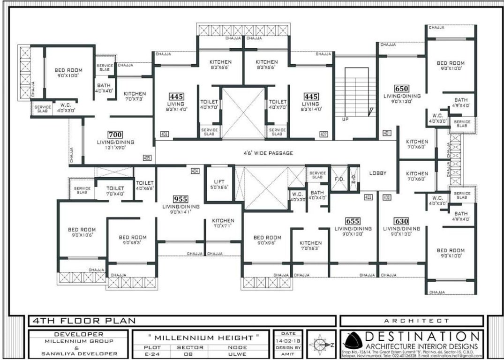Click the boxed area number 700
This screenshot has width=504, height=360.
pyautogui.click(x=115, y=135)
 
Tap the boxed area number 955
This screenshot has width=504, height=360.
pyautogui.click(x=180, y=199)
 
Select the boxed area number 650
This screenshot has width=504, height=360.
pyautogui.click(x=401, y=89)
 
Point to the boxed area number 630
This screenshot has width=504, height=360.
pyautogui.click(x=401, y=221)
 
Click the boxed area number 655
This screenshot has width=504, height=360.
pyautogui.click(x=353, y=221)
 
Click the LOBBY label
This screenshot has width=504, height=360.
pyautogui.click(x=378, y=173)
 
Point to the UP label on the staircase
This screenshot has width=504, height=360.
pyautogui.click(x=345, y=119)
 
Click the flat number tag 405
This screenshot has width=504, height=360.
pyautogui.click(x=147, y=158)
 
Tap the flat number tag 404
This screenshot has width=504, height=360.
pyautogui.click(x=195, y=171)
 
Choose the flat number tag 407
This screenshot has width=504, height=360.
pyautogui.click(x=323, y=135)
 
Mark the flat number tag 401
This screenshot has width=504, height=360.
pyautogui.click(x=387, y=133)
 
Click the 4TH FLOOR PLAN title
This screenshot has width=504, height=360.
pyautogui.click(x=83, y=321)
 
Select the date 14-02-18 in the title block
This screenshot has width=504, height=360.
pyautogui.click(x=288, y=340)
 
